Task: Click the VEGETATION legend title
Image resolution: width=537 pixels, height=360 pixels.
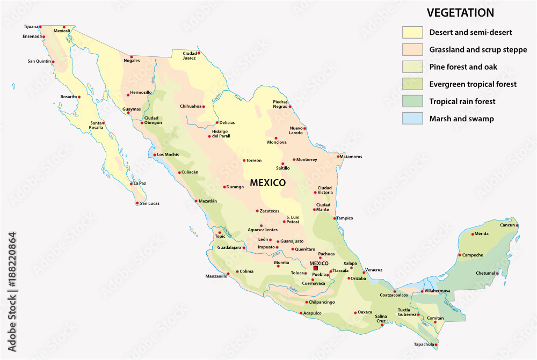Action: click(x=460, y=13)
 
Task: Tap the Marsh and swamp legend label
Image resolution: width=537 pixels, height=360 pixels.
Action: click(x=461, y=119)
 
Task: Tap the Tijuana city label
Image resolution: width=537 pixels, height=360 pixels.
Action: click(x=32, y=26)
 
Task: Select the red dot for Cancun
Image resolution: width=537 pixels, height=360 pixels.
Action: click(x=517, y=226)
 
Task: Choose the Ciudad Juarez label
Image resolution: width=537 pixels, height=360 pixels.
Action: click(x=190, y=55)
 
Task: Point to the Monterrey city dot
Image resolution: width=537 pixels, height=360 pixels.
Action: click(x=294, y=159)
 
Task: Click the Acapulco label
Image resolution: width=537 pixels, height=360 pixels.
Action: click(x=312, y=313)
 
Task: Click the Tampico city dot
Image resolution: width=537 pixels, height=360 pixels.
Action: click(x=335, y=218)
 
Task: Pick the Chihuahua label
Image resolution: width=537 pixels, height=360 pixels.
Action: click(x=190, y=106)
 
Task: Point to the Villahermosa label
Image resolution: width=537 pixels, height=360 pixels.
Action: click(x=438, y=291)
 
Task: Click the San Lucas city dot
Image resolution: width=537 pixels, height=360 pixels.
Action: click(x=137, y=203)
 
